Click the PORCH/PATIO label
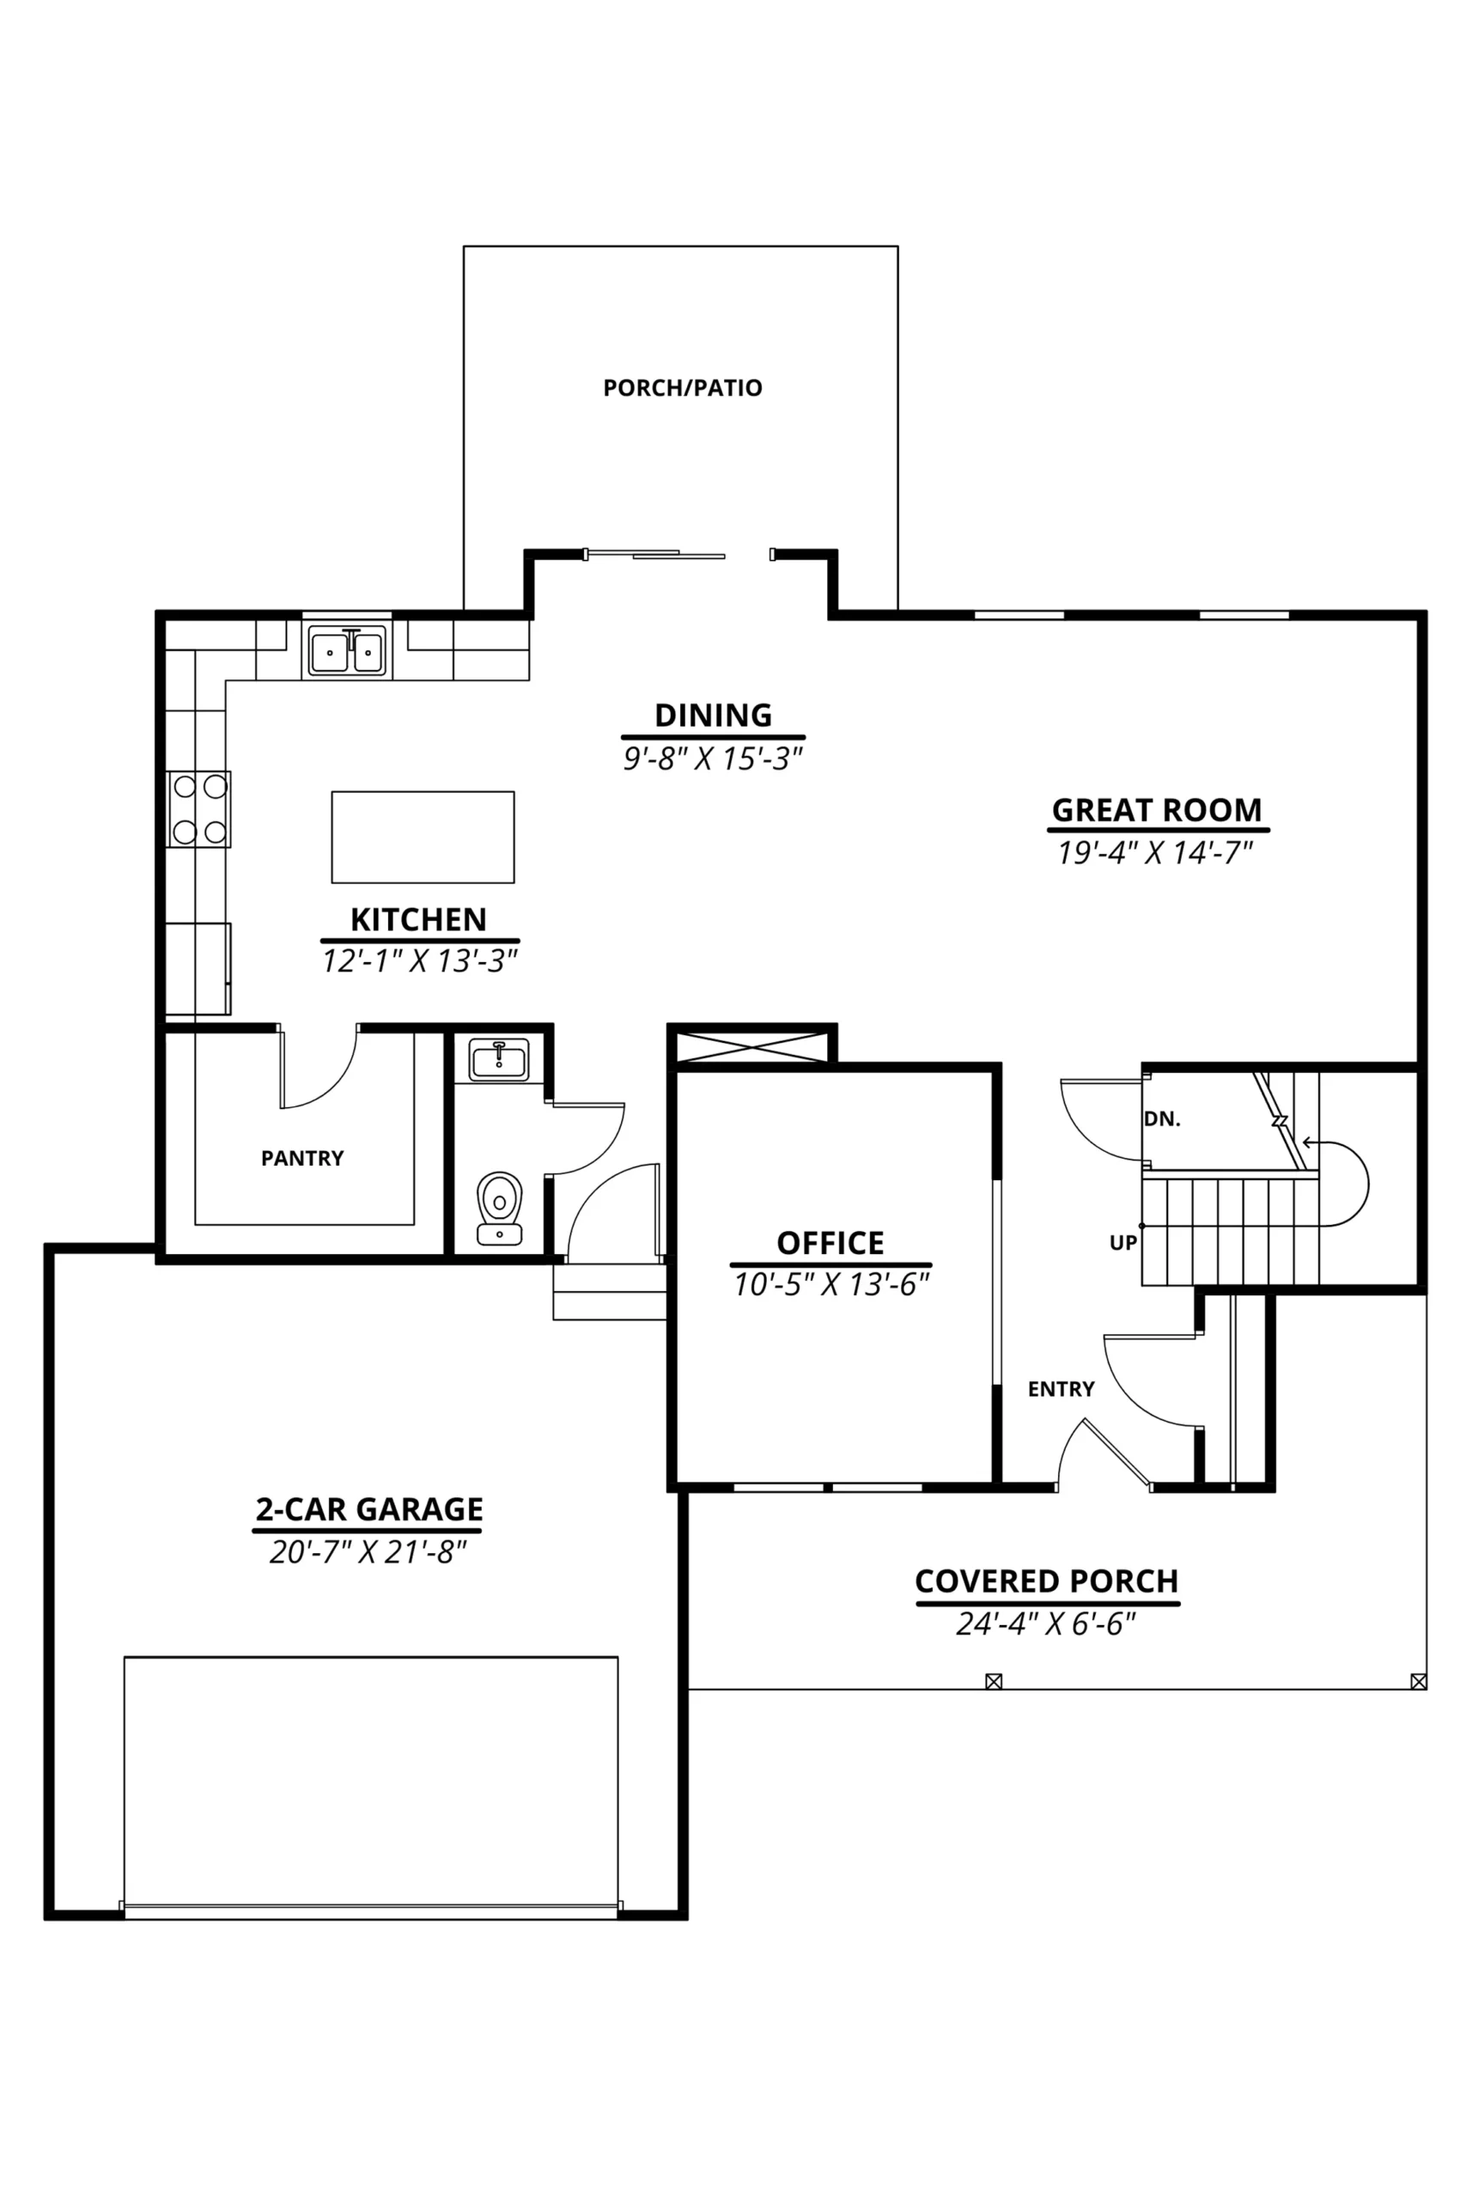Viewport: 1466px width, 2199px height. coord(683,388)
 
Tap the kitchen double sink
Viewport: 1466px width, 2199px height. coord(347,652)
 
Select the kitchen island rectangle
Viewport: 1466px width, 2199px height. coord(423,837)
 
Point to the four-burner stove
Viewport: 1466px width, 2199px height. coord(199,808)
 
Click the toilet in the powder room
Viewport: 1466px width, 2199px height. coord(500,1208)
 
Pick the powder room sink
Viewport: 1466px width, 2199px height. coord(498,1059)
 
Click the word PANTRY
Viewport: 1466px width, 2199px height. coord(302,1159)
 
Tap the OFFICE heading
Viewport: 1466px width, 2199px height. coord(830,1243)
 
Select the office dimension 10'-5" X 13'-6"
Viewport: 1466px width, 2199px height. coord(831,1285)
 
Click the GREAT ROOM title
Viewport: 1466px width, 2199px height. coord(1157,810)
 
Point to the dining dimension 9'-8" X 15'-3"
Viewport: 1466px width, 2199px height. coord(714,758)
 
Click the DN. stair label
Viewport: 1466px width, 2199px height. coord(1162,1119)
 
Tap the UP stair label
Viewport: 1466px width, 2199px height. coord(1122,1243)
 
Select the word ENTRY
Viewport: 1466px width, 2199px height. coord(1061,1389)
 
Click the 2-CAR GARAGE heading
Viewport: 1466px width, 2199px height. coord(369,1509)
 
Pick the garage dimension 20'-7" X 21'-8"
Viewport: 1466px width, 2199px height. coord(368,1552)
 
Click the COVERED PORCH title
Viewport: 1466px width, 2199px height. coord(1046,1581)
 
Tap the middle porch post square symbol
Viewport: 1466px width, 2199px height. coord(994,1681)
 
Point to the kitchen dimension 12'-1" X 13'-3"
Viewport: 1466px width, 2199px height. coord(420,961)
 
